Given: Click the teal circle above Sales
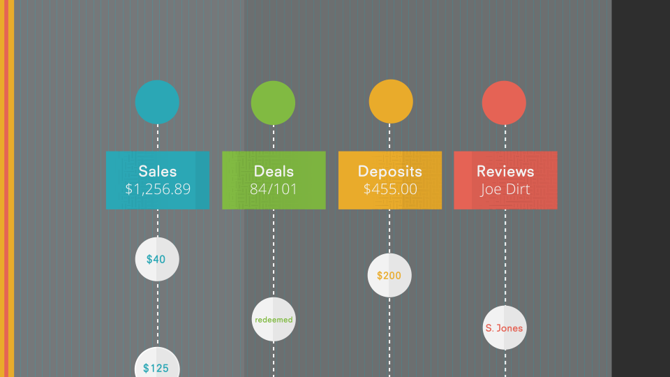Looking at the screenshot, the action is click(157, 102).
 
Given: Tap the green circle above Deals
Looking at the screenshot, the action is click(273, 103).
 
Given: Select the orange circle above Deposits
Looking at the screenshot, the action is click(391, 102).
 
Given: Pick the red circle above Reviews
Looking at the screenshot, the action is click(504, 103).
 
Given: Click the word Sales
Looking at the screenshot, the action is click(158, 171).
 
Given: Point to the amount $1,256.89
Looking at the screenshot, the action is click(158, 189).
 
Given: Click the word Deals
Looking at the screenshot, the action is click(274, 171).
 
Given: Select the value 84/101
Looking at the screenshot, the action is click(274, 189).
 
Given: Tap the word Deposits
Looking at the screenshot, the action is click(390, 171).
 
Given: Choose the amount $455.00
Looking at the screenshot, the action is click(390, 189).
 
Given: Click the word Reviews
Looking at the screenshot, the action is click(505, 171).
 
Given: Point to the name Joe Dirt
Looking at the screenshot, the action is click(505, 189).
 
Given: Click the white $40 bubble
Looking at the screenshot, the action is click(157, 259).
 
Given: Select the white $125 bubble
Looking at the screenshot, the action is click(157, 367).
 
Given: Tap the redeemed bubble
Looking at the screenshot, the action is click(274, 320).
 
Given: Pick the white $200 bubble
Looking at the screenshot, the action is click(389, 275).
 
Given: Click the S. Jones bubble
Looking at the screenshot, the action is click(504, 327).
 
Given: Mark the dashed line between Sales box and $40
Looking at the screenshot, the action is click(158, 223).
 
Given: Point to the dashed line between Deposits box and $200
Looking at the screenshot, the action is click(389, 231).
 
